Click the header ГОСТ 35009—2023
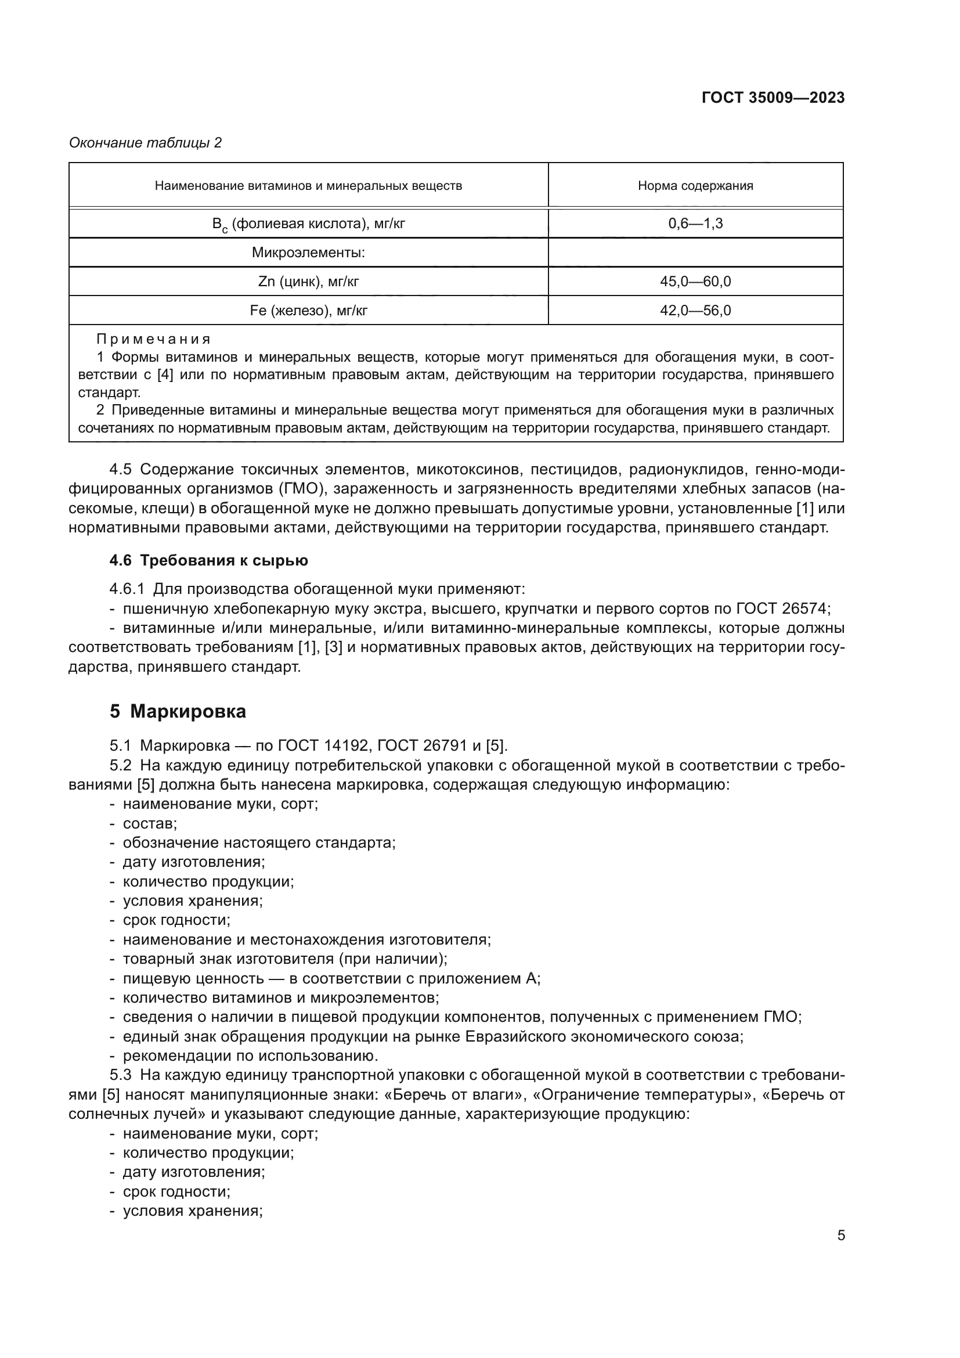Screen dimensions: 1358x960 click(x=773, y=98)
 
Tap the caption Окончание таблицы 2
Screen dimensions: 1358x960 click(x=146, y=143)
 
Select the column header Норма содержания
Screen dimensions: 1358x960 click(x=695, y=186)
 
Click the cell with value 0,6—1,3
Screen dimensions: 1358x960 click(x=695, y=224)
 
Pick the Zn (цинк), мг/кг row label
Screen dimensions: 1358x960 click(x=308, y=282)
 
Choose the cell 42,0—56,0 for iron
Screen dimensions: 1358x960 click(x=695, y=311)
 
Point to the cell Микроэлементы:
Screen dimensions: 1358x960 click(x=308, y=253)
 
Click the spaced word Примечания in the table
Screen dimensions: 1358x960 click(x=154, y=340)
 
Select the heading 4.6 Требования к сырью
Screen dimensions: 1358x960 click(x=209, y=560)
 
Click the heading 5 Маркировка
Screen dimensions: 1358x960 click(x=178, y=711)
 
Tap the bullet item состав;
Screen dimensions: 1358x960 click(x=150, y=823)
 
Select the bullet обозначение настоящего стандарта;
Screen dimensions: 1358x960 click(x=259, y=843)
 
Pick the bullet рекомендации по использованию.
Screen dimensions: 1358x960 click(x=250, y=1056)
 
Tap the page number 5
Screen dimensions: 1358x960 click(x=840, y=1235)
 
